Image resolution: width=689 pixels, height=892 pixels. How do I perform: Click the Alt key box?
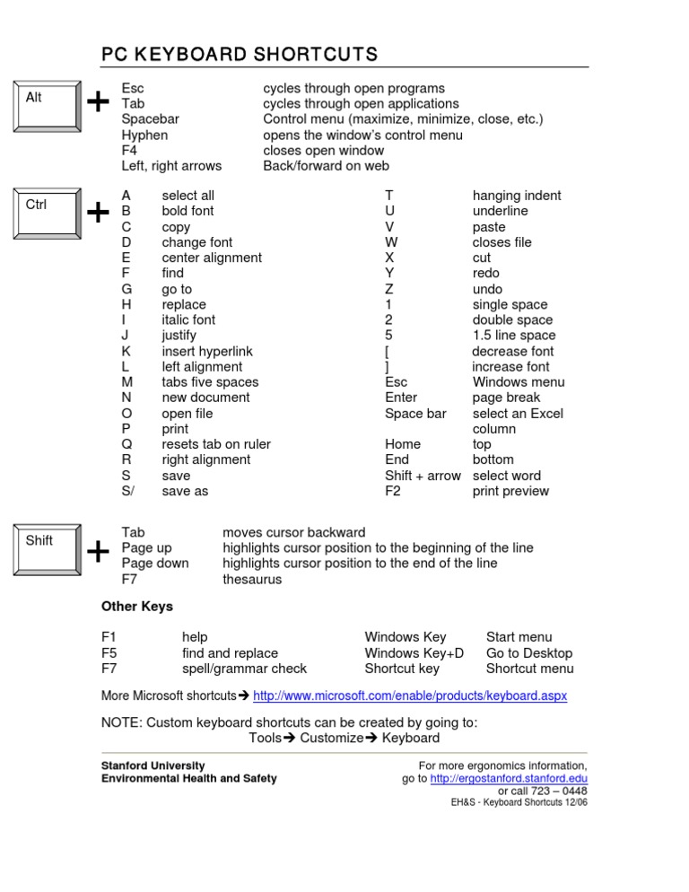(x=46, y=105)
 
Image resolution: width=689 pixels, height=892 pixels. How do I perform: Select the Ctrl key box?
(x=46, y=213)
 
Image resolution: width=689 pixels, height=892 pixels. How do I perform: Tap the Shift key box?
(x=46, y=548)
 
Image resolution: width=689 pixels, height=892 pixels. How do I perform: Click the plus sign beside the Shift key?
(x=97, y=552)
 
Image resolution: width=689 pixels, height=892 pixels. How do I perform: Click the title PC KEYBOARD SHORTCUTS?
(x=240, y=56)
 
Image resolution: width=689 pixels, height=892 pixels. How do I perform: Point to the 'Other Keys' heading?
(x=137, y=607)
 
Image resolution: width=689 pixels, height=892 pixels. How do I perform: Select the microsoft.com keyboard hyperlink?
(x=410, y=695)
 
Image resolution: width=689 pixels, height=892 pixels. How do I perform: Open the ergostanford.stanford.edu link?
(x=509, y=778)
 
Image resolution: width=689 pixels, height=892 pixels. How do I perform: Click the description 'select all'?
(x=188, y=196)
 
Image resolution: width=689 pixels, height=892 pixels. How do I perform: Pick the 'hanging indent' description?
(x=517, y=196)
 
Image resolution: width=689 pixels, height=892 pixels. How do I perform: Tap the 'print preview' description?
(x=510, y=491)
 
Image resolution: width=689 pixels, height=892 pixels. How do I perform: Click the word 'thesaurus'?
(x=252, y=580)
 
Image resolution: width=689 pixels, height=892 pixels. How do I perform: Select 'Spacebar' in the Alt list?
(x=150, y=119)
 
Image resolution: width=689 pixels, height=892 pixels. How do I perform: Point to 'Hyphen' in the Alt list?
(x=144, y=136)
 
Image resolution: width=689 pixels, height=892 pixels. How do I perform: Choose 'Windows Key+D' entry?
(x=414, y=653)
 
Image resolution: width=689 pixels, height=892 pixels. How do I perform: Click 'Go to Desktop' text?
(x=528, y=653)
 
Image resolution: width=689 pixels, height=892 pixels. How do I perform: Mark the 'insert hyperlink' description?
(x=207, y=351)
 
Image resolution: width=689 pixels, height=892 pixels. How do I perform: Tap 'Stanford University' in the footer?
(x=146, y=765)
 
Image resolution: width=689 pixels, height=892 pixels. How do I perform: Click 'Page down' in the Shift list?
(x=155, y=564)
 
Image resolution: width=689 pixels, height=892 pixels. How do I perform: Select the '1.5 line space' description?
(x=514, y=336)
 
